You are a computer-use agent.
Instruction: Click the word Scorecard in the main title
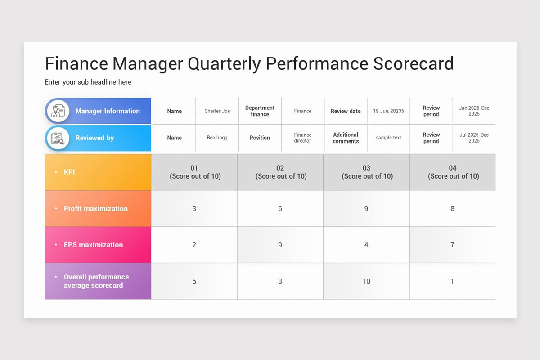pos(413,63)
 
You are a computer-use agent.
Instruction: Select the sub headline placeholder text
pos(88,82)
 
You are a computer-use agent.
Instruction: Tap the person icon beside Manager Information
pos(58,111)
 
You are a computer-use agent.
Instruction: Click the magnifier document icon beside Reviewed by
pos(58,138)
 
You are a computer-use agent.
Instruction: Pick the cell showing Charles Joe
pos(217,111)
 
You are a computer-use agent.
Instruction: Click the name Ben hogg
pos(217,138)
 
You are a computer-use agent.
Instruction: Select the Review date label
pos(346,111)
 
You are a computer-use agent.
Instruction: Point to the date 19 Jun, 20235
pos(388,111)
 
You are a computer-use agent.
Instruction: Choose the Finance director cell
pos(303,138)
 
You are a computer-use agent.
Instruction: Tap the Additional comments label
pos(346,138)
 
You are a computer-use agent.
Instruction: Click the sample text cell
pos(388,138)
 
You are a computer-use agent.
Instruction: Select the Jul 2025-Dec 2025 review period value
pos(474,138)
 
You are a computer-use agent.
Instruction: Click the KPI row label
pos(69,172)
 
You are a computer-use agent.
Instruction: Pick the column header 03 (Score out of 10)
pos(366,172)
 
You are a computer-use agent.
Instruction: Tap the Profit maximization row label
pos(95,208)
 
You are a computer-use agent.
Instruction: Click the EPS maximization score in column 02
pos(280,245)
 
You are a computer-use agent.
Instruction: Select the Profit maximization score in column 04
pos(452,208)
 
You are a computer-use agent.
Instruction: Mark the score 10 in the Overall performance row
pos(366,281)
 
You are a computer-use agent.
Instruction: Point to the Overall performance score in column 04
pos(452,281)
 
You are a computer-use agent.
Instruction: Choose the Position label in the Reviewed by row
pos(260,138)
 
